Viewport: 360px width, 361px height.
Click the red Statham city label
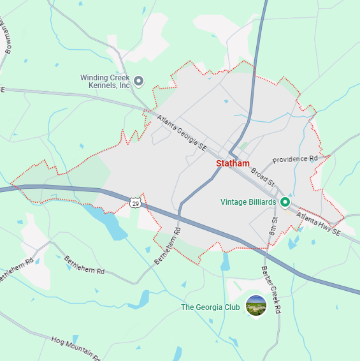[x=233, y=163]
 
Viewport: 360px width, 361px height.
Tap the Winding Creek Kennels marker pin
[x=139, y=81]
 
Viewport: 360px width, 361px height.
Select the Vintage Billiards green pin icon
[x=285, y=202]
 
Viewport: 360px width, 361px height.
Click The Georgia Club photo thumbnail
[x=256, y=306]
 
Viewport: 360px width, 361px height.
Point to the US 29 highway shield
[x=134, y=202]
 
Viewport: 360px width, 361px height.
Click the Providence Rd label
[x=294, y=158]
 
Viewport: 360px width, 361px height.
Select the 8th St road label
[x=275, y=228]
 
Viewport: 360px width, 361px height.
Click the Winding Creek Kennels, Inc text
[x=105, y=81]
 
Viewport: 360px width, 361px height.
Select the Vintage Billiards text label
[x=248, y=202]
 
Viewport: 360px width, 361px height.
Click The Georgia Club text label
[x=210, y=307]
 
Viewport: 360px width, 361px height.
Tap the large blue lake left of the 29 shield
[x=112, y=226]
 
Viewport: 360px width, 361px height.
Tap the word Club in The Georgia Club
[x=231, y=307]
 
